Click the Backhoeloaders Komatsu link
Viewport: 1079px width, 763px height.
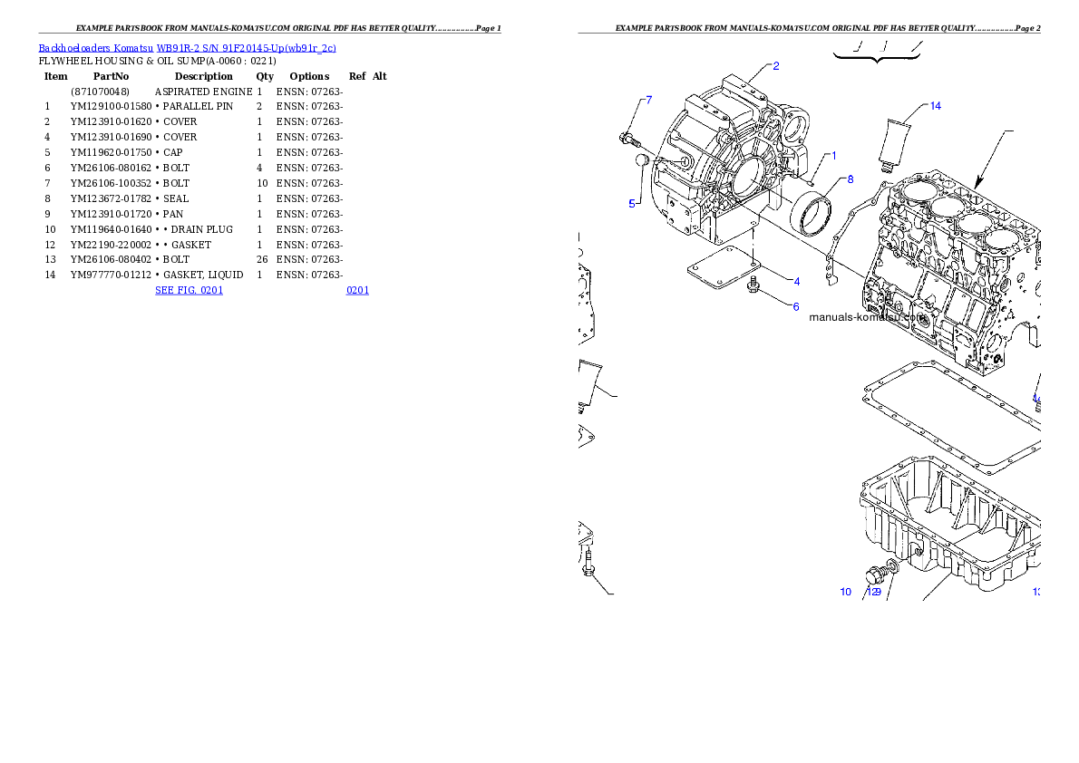coord(95,48)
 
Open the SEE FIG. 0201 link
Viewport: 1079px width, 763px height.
coord(190,290)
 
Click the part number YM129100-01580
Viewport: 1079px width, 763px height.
coord(111,107)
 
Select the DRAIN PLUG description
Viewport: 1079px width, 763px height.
coord(202,230)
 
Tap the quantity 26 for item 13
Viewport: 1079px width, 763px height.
coord(262,259)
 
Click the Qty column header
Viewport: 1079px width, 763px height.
coord(265,76)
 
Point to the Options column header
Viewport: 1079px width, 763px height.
coord(309,76)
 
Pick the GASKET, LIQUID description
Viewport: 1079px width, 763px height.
coord(203,275)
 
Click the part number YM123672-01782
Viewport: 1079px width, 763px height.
coord(111,198)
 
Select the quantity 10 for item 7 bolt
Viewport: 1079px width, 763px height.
coord(262,184)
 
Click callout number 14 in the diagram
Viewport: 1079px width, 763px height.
coord(935,106)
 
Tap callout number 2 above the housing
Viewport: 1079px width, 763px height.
coord(776,66)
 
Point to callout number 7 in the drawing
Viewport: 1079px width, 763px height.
coord(649,101)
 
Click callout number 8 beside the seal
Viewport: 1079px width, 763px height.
coord(851,179)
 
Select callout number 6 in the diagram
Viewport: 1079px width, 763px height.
coord(796,307)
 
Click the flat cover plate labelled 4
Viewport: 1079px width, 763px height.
coord(724,267)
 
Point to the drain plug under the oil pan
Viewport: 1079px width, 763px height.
coord(876,575)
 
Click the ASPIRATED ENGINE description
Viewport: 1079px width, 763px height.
coord(204,92)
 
